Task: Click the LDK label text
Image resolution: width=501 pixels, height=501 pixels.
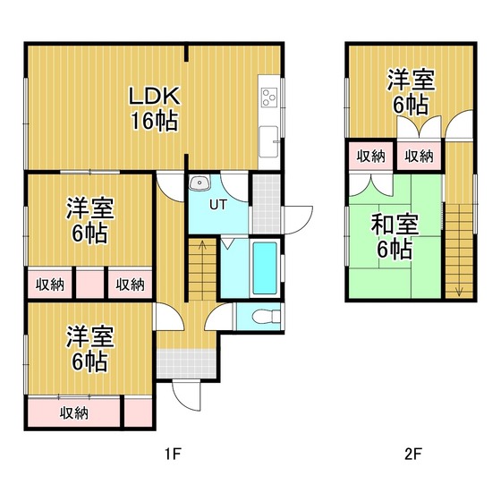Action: click(154, 96)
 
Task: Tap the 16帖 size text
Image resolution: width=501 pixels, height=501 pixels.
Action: click(154, 121)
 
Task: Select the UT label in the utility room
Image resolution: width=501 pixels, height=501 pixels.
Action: click(218, 205)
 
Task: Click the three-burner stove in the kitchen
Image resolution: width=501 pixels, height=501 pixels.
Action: click(268, 98)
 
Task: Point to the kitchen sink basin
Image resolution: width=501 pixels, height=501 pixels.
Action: click(268, 141)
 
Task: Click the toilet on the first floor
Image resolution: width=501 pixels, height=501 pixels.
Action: click(266, 317)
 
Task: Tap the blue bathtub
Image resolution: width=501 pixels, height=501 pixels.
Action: click(265, 268)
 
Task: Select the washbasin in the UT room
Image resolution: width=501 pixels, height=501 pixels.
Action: click(199, 183)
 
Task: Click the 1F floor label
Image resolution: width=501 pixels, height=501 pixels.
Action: click(174, 454)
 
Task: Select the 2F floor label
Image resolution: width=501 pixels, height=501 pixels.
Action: click(413, 454)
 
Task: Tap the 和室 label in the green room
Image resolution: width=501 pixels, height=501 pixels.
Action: click(395, 225)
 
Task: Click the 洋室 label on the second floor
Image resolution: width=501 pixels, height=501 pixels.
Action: click(411, 81)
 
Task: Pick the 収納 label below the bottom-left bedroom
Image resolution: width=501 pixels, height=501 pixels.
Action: click(73, 413)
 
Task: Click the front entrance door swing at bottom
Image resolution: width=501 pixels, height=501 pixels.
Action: click(186, 395)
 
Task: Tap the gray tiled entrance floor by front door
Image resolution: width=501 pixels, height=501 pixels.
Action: click(187, 363)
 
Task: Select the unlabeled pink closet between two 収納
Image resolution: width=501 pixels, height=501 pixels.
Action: click(90, 284)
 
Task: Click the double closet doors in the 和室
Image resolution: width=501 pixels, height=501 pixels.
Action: click(371, 185)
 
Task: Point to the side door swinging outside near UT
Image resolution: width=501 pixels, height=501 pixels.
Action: click(298, 220)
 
